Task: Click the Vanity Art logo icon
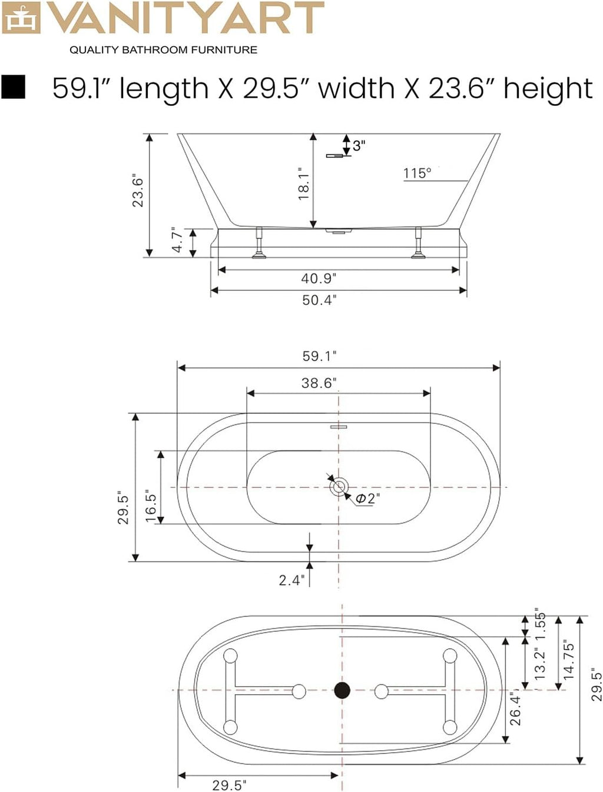[21, 18]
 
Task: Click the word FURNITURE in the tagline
[224, 50]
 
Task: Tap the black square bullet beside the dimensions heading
[14, 86]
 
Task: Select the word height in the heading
[548, 88]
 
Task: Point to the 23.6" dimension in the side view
[138, 192]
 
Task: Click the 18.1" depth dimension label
[304, 184]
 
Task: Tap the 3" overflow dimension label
[359, 146]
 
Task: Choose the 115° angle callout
[417, 173]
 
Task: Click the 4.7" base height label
[178, 240]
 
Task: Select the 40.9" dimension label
[319, 278]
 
